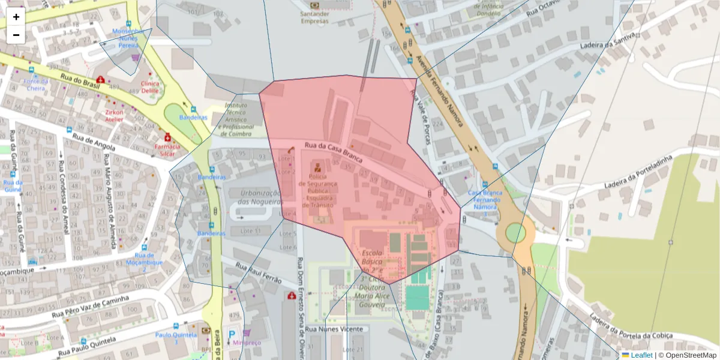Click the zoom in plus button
(x=16, y=17)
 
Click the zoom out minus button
(x=16, y=35)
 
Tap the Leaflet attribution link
(x=641, y=355)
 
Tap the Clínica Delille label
(x=150, y=88)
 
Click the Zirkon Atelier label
(x=114, y=115)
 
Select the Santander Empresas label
(x=315, y=17)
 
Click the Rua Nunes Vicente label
(x=334, y=329)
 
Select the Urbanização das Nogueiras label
(x=260, y=197)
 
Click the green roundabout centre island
(x=515, y=233)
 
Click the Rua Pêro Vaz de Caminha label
(x=90, y=307)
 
